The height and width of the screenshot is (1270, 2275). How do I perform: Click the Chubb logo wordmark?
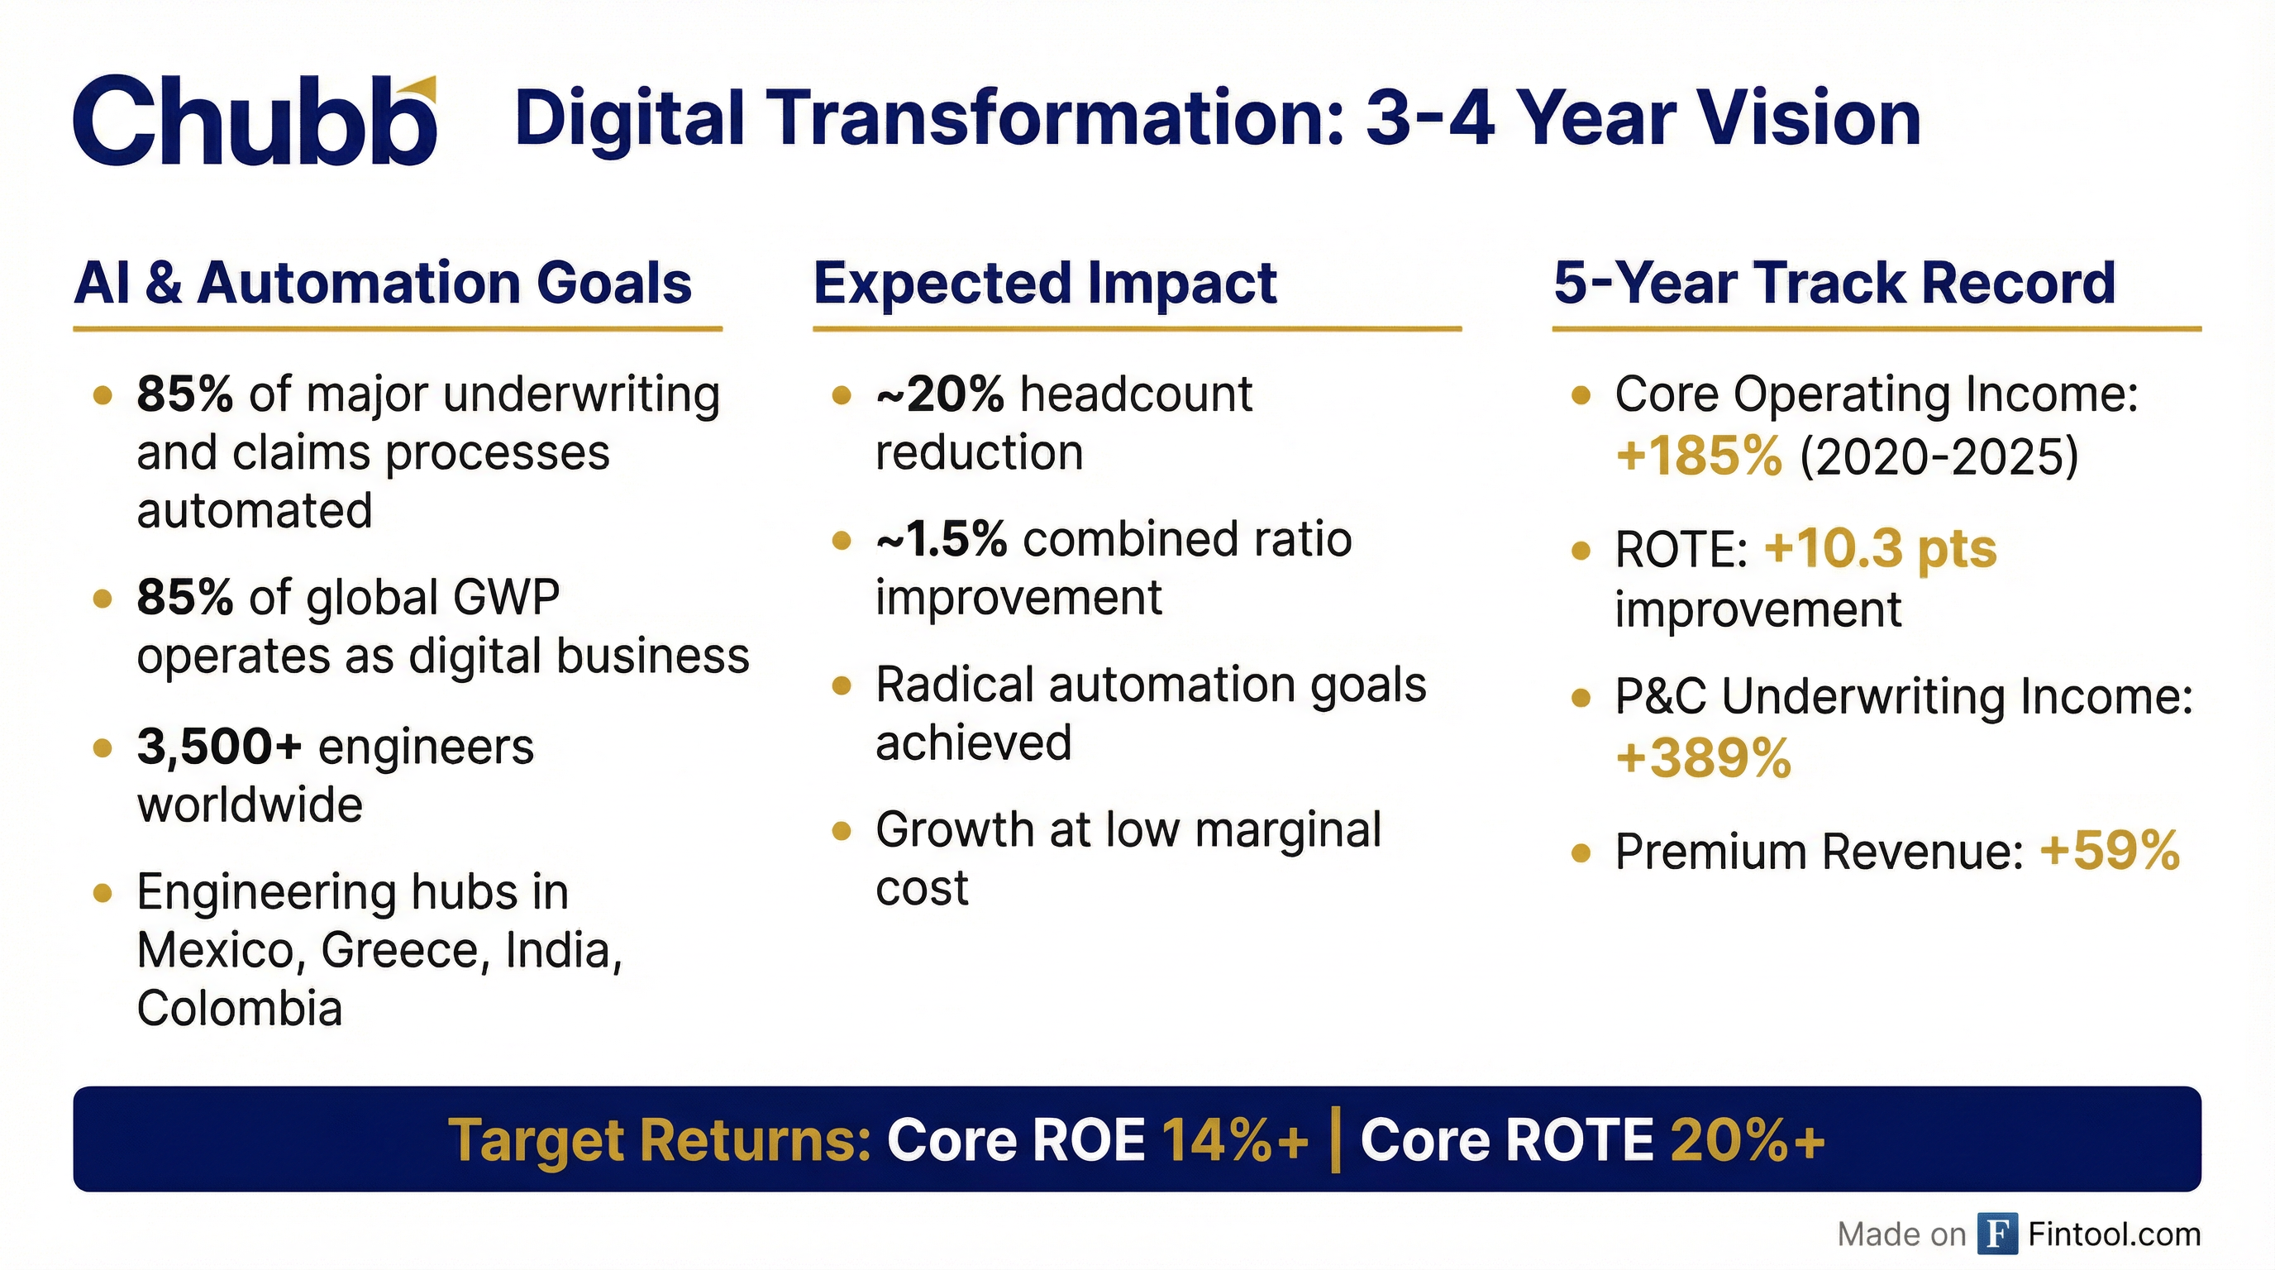pos(251,122)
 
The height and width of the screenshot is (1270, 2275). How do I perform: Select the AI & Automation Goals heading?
pos(383,284)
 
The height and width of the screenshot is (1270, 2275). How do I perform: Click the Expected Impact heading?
pos(1045,284)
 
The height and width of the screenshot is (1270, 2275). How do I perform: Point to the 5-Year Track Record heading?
pos(1834,284)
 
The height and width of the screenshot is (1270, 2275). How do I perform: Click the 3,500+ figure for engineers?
pos(219,747)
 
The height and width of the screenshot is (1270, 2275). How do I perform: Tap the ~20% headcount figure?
pos(940,394)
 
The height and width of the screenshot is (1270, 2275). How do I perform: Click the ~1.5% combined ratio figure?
pos(942,540)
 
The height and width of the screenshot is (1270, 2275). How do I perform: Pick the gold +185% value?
pos(1698,456)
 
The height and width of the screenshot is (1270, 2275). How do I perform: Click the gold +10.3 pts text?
pos(1880,549)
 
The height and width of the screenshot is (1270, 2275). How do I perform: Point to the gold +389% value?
pos(1703,757)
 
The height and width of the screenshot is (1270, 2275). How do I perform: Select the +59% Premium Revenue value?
pos(2110,851)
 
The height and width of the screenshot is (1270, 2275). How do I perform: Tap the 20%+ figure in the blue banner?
pos(1747,1140)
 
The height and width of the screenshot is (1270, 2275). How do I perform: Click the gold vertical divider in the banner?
pos(1334,1140)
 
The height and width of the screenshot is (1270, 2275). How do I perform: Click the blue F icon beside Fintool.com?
pos(1996,1234)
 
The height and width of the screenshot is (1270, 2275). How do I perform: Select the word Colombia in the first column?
pos(240,1009)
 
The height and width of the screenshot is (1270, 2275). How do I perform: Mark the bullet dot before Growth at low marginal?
pos(842,830)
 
